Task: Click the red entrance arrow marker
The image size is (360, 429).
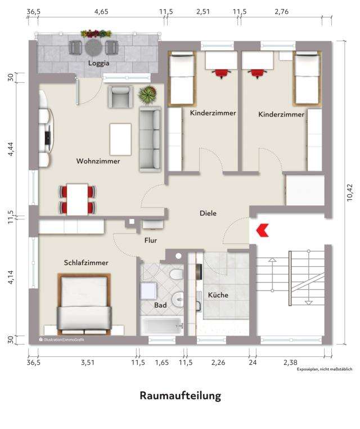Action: pos(262,230)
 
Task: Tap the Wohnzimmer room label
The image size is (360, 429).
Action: pos(98,161)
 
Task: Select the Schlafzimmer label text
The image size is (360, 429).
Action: pos(86,262)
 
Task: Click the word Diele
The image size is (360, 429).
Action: pos(208,213)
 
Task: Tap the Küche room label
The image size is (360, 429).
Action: pos(218,295)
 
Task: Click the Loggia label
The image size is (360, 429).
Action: pos(98,64)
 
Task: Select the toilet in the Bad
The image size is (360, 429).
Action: pos(177,274)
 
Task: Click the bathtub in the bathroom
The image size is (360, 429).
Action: pos(160,326)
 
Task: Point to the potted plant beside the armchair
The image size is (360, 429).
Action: pos(146,95)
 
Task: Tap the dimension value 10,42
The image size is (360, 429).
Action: pos(350,191)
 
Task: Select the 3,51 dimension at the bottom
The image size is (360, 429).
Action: pos(87,363)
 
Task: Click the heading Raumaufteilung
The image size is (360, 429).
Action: pos(180,396)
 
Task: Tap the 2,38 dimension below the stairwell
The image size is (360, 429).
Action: pos(290,363)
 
